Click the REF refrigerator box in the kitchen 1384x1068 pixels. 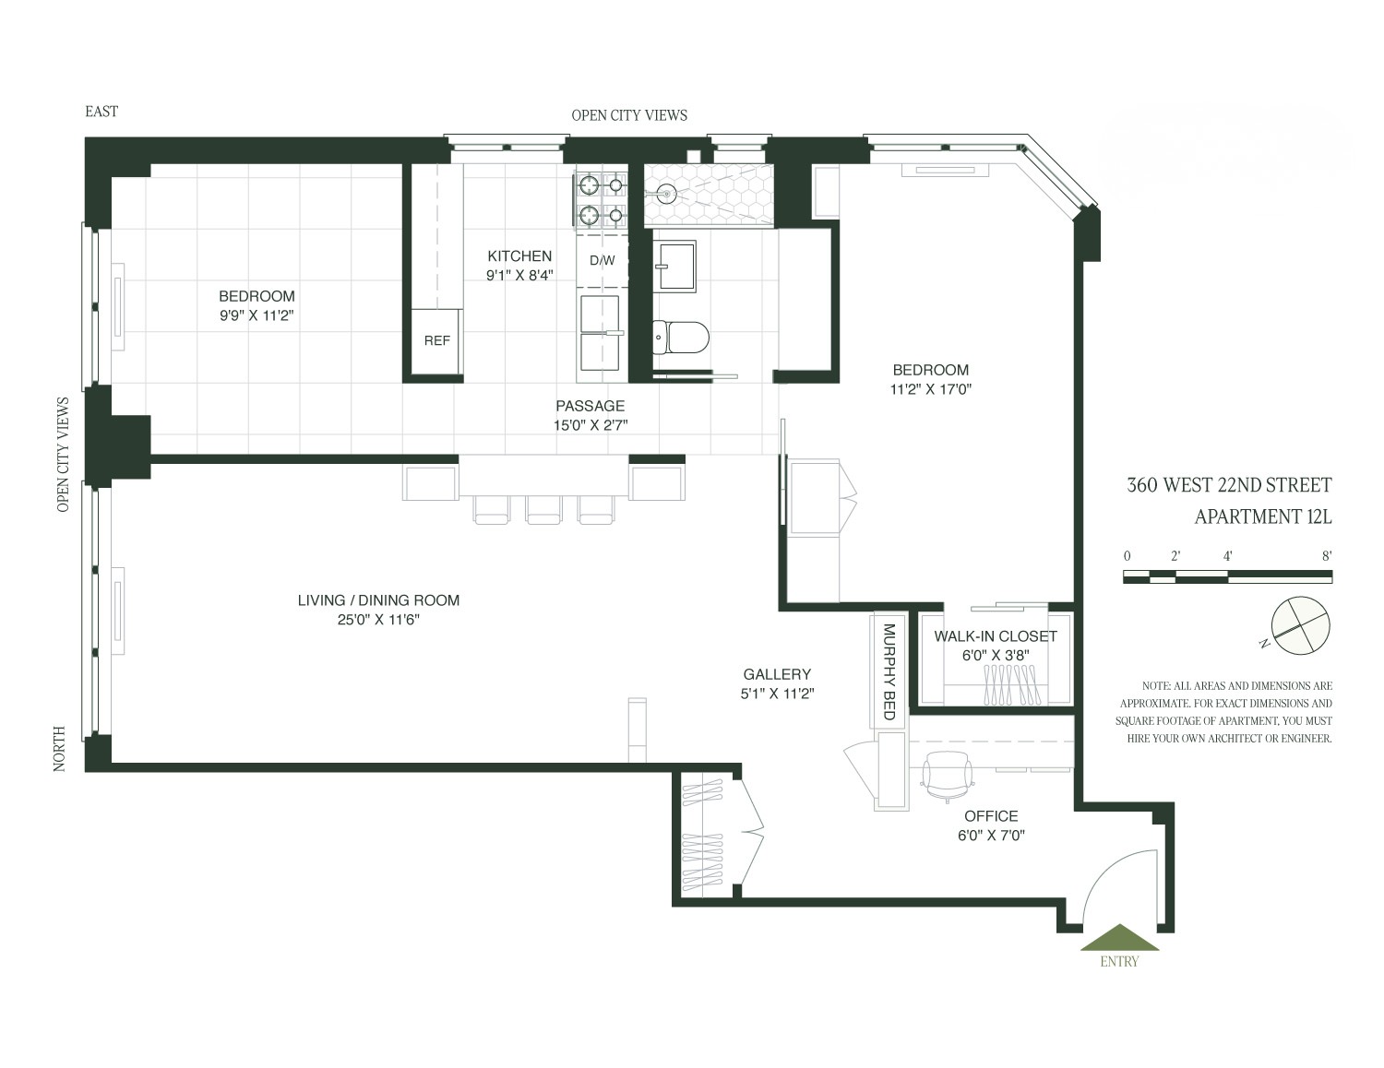click(436, 341)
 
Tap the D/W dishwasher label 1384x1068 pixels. click(602, 261)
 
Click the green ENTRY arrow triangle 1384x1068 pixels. click(1119, 938)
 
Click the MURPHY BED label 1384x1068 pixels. click(889, 671)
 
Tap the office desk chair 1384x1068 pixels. click(947, 776)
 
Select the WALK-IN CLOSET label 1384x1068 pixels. click(996, 636)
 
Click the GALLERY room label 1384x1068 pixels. click(777, 674)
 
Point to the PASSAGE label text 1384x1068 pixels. click(590, 406)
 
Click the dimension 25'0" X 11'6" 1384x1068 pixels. click(378, 620)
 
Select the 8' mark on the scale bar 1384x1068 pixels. click(1327, 556)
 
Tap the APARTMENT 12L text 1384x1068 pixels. click(1262, 516)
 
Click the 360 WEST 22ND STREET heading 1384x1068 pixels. click(1229, 485)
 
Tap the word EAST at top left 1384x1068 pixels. click(101, 112)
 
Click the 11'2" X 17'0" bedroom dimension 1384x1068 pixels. click(930, 389)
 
